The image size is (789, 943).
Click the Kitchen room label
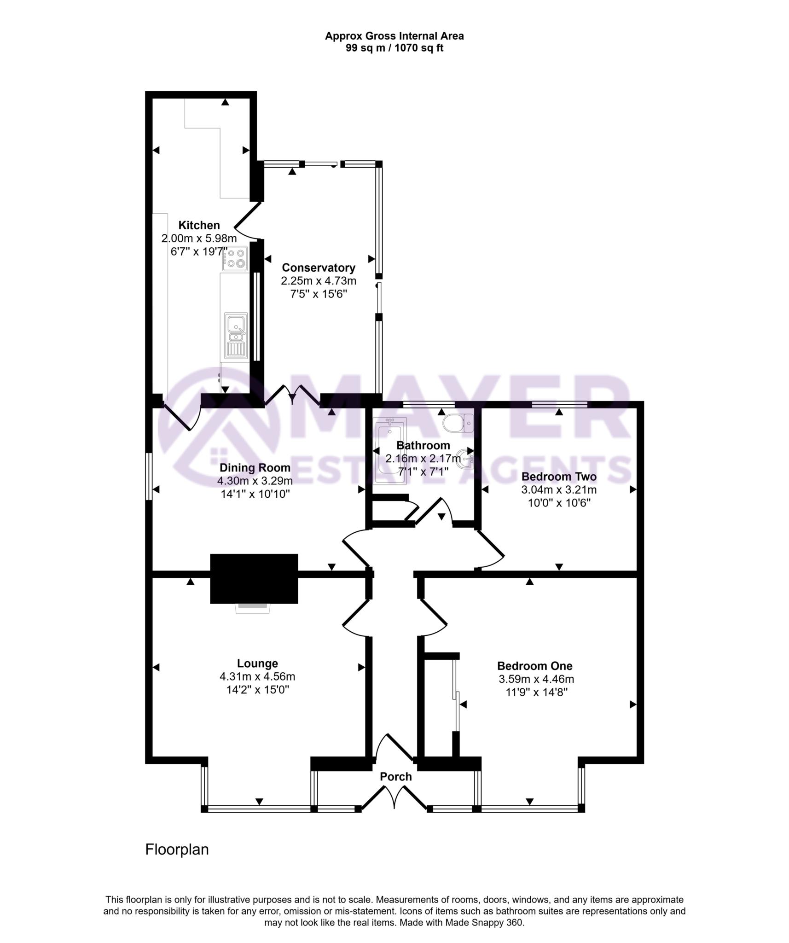199,225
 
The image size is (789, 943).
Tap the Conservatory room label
319,268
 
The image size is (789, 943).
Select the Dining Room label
255,468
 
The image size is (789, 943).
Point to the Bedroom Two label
559,477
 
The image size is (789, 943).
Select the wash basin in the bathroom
466,459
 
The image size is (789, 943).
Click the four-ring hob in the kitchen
235,258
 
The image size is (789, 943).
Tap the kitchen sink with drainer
236,336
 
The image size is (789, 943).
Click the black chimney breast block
254,578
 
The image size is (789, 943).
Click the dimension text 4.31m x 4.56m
257,677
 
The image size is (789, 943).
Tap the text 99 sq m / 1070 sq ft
394,48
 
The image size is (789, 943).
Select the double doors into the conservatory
293,395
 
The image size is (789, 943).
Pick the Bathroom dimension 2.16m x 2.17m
423,459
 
